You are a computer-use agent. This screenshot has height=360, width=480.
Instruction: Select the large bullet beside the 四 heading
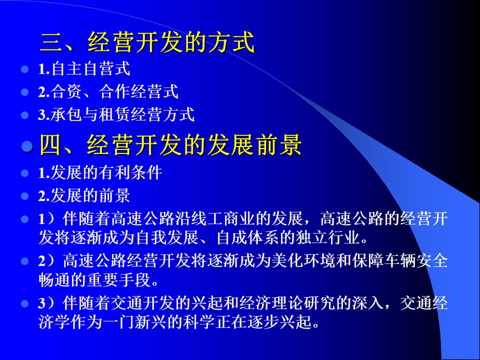click(27, 146)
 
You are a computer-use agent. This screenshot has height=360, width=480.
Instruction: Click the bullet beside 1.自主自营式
click(24, 69)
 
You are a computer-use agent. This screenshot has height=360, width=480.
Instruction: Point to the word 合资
click(66, 91)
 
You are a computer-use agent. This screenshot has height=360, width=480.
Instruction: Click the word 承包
click(66, 114)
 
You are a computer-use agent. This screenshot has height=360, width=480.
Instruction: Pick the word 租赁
click(114, 114)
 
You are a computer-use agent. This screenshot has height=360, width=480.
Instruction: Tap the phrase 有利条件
click(130, 172)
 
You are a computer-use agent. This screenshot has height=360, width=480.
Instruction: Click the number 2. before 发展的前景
click(44, 196)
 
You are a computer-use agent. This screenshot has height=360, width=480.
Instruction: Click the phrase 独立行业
click(328, 237)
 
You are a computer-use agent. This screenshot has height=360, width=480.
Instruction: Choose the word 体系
click(263, 237)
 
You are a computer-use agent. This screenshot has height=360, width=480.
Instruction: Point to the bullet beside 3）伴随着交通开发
click(24, 303)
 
